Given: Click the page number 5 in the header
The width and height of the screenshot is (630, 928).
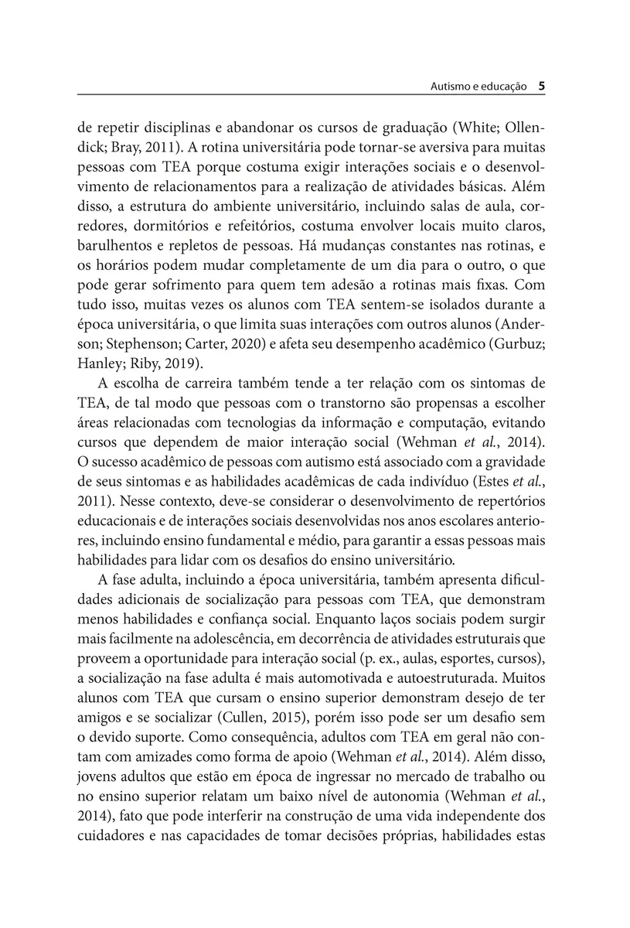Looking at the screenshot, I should point(542,87).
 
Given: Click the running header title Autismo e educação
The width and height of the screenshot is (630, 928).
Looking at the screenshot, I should point(478,87).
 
